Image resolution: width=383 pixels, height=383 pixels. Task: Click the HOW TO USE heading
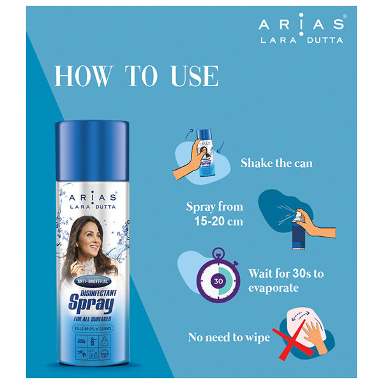(x=137, y=76)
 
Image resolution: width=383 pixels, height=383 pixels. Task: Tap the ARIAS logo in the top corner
(x=301, y=26)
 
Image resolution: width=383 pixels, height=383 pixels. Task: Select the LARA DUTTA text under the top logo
(x=301, y=40)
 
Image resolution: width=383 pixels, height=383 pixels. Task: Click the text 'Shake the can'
(x=276, y=163)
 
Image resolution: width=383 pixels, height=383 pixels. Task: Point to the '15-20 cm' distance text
(x=215, y=220)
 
